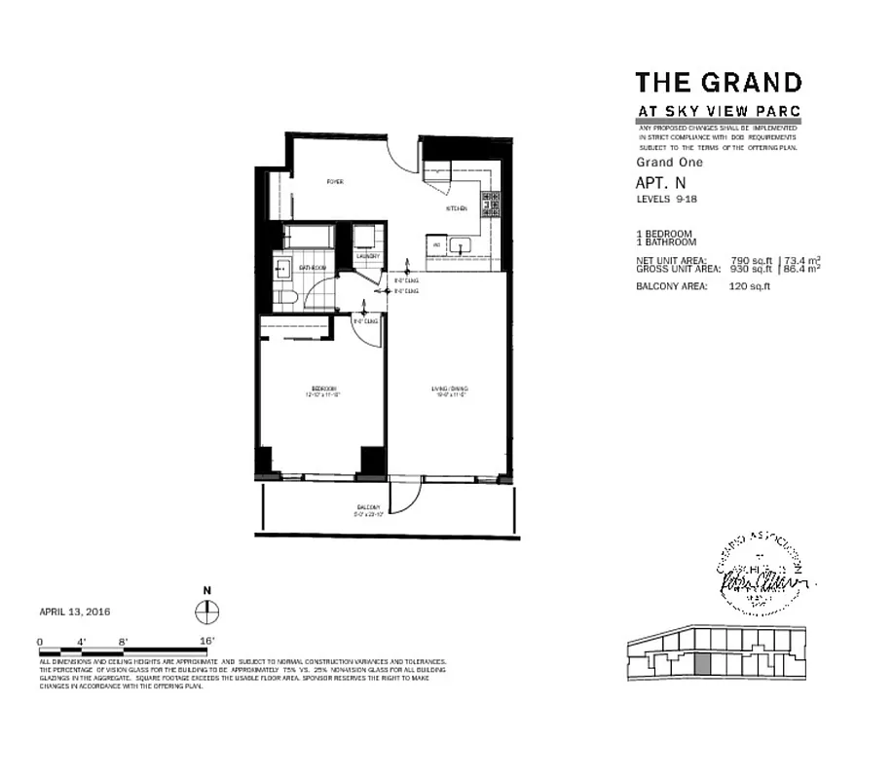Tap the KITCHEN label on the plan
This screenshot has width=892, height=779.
click(x=456, y=208)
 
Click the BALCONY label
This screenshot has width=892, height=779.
click(x=368, y=510)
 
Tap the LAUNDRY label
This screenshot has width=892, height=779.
click(x=368, y=257)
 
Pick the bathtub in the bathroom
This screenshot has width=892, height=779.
click(x=309, y=237)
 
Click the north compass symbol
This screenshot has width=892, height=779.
click(x=207, y=612)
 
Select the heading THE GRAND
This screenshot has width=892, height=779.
click(x=719, y=83)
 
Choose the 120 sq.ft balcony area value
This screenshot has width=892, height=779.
click(x=750, y=286)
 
